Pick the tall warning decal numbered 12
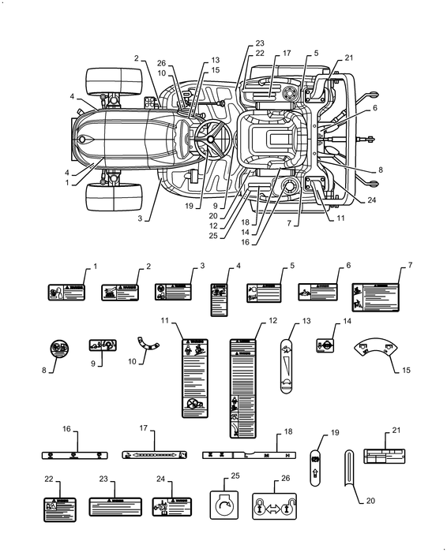(243, 388)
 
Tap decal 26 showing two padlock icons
(273, 504)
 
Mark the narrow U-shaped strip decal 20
(351, 476)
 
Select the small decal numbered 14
(322, 345)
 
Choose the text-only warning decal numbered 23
(115, 506)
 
